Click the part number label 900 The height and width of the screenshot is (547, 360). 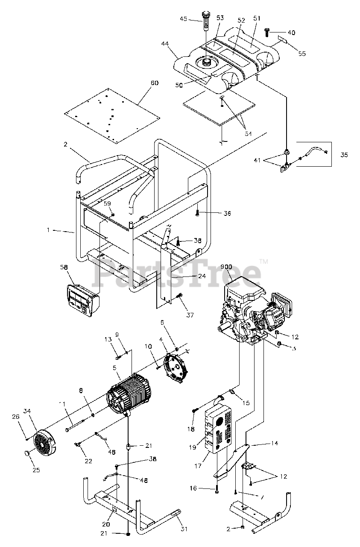point(226,267)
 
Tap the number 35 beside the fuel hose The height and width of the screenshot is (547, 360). point(344,155)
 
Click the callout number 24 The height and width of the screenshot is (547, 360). point(202,276)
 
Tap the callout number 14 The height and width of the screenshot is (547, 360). point(274,444)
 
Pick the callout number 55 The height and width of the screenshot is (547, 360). point(302,54)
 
